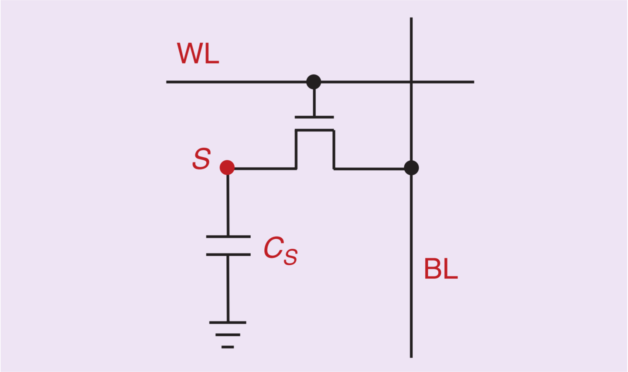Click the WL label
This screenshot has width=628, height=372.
coord(198,54)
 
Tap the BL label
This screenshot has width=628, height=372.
coord(440,269)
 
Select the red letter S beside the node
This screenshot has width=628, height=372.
coord(201,159)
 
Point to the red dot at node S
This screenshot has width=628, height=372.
coord(227,167)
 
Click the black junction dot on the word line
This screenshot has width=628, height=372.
coord(314,82)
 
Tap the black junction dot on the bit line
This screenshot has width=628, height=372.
coord(411,168)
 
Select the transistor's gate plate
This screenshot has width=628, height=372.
coord(314,117)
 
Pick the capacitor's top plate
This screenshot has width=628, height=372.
coord(228,237)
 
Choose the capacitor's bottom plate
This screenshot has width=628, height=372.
coord(228,254)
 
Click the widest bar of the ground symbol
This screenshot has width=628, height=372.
coord(228,323)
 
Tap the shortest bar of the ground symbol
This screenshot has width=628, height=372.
coord(228,347)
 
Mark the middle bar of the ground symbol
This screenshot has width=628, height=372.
coord(228,335)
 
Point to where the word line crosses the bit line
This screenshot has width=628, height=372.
coord(411,82)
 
